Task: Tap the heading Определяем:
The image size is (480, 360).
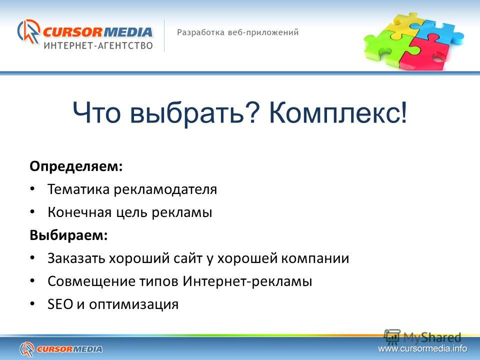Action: tap(76, 167)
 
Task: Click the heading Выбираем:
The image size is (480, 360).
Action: tap(69, 235)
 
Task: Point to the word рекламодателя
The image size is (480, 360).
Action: tap(165, 190)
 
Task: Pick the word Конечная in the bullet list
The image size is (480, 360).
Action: tap(79, 212)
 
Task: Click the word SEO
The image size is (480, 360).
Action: tap(60, 304)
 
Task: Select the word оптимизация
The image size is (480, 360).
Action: tap(134, 305)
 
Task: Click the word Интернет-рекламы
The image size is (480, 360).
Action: tap(247, 281)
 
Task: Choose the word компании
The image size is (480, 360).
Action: tap(315, 258)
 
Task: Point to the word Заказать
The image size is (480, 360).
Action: tap(76, 258)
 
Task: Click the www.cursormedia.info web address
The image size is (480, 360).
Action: tap(422, 348)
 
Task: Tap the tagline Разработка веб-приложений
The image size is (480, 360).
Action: tap(238, 32)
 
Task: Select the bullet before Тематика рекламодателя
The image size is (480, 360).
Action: tap(32, 189)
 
